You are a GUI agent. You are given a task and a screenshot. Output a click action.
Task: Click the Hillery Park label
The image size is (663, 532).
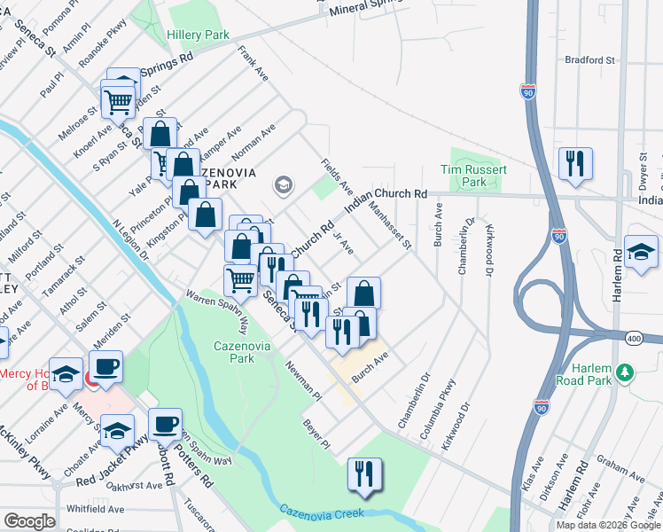point(198,35)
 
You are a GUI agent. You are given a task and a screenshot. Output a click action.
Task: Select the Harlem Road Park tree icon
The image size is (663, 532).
point(626,372)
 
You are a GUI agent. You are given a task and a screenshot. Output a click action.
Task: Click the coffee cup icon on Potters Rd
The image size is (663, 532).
point(165,424)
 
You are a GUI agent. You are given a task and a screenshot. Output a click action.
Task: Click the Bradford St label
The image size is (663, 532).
point(589,60)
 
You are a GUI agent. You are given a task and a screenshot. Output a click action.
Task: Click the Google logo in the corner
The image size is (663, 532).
point(30,521)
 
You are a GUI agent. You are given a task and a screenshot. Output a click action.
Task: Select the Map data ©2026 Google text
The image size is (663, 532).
point(608,525)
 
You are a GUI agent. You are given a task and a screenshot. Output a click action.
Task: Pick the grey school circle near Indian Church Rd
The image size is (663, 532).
point(284,184)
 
